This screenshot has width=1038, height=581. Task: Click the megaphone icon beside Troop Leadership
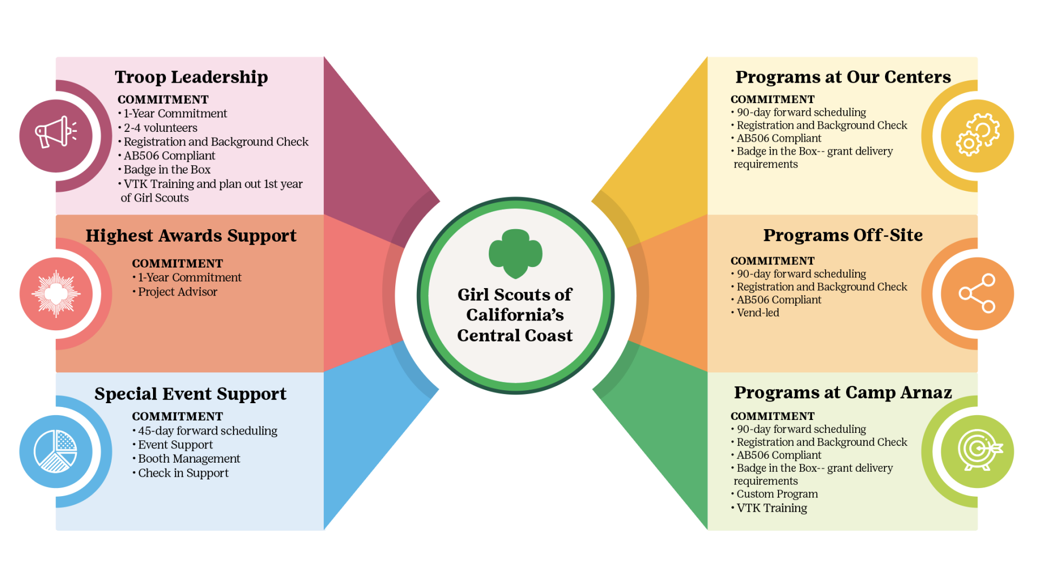(56, 132)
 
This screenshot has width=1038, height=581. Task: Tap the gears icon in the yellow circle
(977, 135)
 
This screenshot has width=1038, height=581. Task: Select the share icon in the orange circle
(977, 293)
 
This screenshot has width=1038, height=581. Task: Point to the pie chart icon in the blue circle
(55, 451)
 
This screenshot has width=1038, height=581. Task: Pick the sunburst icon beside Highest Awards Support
(56, 293)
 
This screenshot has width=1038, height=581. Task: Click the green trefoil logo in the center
(515, 253)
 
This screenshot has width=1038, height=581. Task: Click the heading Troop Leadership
(191, 77)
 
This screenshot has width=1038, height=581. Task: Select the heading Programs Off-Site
(843, 235)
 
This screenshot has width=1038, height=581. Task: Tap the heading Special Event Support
(190, 394)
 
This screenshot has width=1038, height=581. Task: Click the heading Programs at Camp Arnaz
(843, 393)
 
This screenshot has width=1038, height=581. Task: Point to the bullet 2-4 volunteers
(158, 128)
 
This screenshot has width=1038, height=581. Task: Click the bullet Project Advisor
(175, 292)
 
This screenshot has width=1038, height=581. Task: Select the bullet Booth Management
(187, 459)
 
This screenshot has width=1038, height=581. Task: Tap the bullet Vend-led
(755, 313)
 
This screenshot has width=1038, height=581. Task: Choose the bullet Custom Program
(774, 494)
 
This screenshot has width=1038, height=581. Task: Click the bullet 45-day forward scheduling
(205, 431)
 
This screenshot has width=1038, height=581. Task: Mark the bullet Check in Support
(181, 473)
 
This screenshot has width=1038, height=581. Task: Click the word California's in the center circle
(515, 315)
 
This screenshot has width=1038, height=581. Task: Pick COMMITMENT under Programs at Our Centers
(773, 99)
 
